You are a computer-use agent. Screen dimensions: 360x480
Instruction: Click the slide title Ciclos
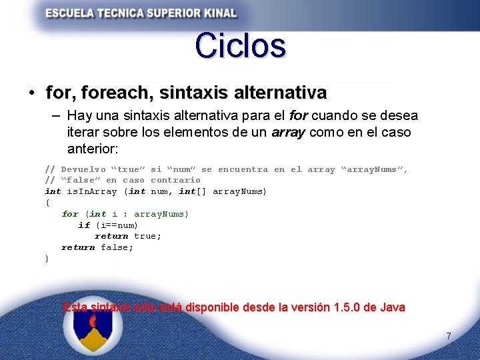coord(240,45)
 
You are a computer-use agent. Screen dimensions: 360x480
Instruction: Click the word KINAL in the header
coord(215,13)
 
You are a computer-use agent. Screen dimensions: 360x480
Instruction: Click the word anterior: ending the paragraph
coord(93,149)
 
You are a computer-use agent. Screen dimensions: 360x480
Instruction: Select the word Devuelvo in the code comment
coord(83,169)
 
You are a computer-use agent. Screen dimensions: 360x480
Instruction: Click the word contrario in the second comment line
coord(175,180)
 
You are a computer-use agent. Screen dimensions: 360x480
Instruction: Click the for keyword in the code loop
coord(69,214)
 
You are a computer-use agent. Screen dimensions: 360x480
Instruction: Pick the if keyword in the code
coord(83,225)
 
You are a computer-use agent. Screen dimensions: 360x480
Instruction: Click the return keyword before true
coord(111,236)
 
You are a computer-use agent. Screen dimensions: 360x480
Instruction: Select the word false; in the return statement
coord(117,247)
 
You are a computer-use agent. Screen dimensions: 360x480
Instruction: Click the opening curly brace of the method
coord(47,203)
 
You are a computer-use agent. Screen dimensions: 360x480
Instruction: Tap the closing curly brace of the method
coord(47,259)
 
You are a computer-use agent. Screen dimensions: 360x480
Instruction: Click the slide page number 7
coord(449,337)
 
